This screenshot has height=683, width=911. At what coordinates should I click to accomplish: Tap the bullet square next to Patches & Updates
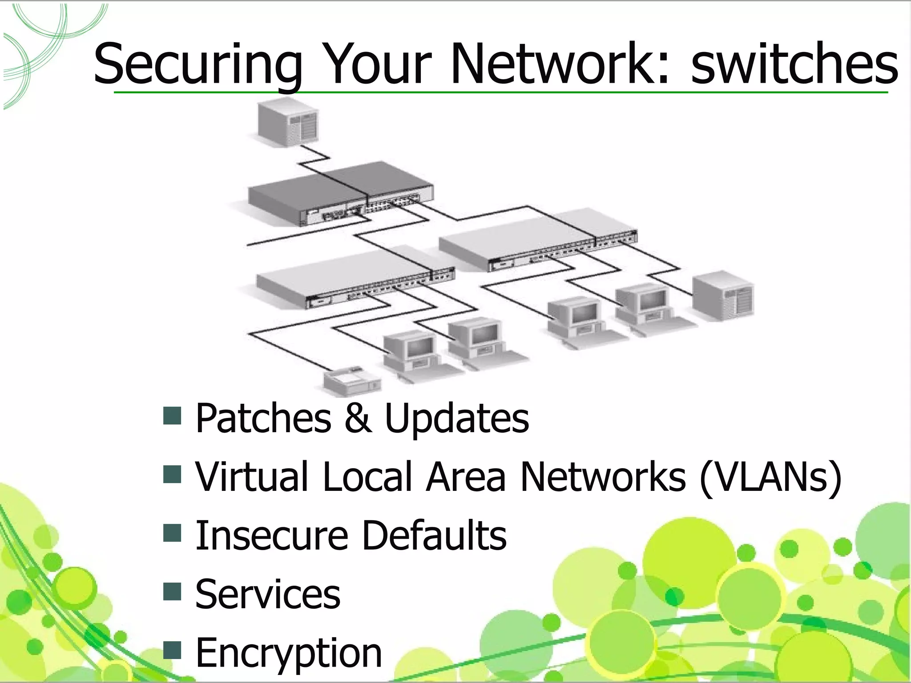coord(172,416)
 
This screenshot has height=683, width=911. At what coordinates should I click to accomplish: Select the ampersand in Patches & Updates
coord(358,418)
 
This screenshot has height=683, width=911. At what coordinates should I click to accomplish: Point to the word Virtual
coord(252,477)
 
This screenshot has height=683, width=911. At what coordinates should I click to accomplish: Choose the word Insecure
coord(271,535)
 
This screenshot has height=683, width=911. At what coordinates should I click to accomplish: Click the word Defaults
coord(434,535)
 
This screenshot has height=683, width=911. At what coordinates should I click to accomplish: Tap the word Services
coord(268,595)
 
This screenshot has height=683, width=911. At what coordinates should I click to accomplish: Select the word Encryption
coord(288,654)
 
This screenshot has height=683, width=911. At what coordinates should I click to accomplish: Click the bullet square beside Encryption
coord(172,650)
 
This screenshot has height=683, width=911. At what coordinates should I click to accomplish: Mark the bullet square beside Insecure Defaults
coord(172,533)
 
